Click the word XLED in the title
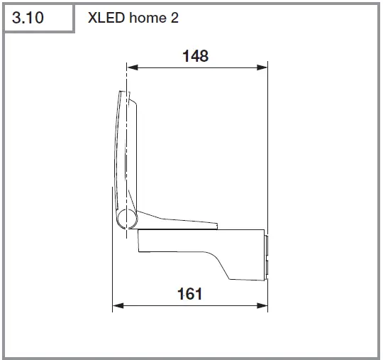pyautogui.click(x=106, y=18)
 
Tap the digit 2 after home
pyautogui.click(x=173, y=18)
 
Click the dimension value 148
pyautogui.click(x=195, y=55)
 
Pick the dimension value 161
pyautogui.click(x=190, y=293)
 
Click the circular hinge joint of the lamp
pyautogui.click(x=126, y=219)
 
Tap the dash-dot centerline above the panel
pyautogui.click(x=126, y=78)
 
